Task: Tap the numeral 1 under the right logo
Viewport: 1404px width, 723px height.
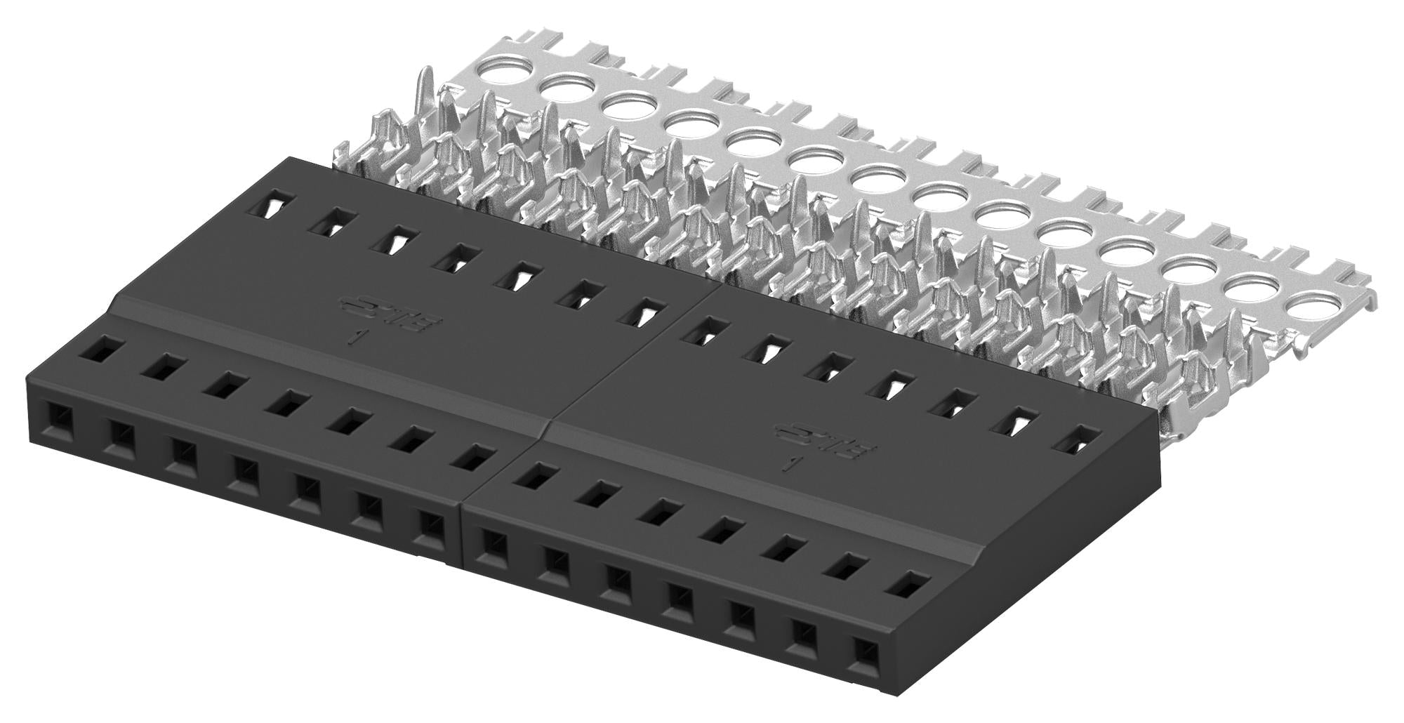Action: click(x=791, y=464)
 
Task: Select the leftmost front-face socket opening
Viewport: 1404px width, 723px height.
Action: click(x=56, y=418)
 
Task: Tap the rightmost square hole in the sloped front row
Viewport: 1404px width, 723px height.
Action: click(x=906, y=584)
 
